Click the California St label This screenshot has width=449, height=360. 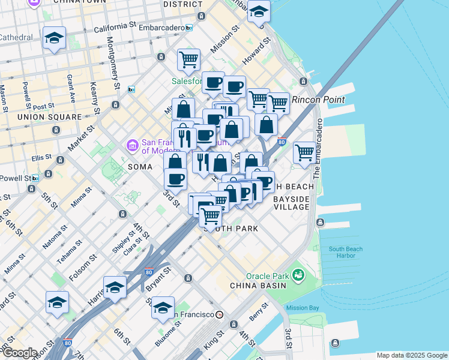[115, 28]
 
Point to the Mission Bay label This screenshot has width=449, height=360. [301, 308]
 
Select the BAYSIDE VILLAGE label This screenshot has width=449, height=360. [291, 203]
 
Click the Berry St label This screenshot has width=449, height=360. [259, 312]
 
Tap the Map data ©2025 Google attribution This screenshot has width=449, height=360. [411, 355]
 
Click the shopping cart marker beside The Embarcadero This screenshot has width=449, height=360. [305, 153]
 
